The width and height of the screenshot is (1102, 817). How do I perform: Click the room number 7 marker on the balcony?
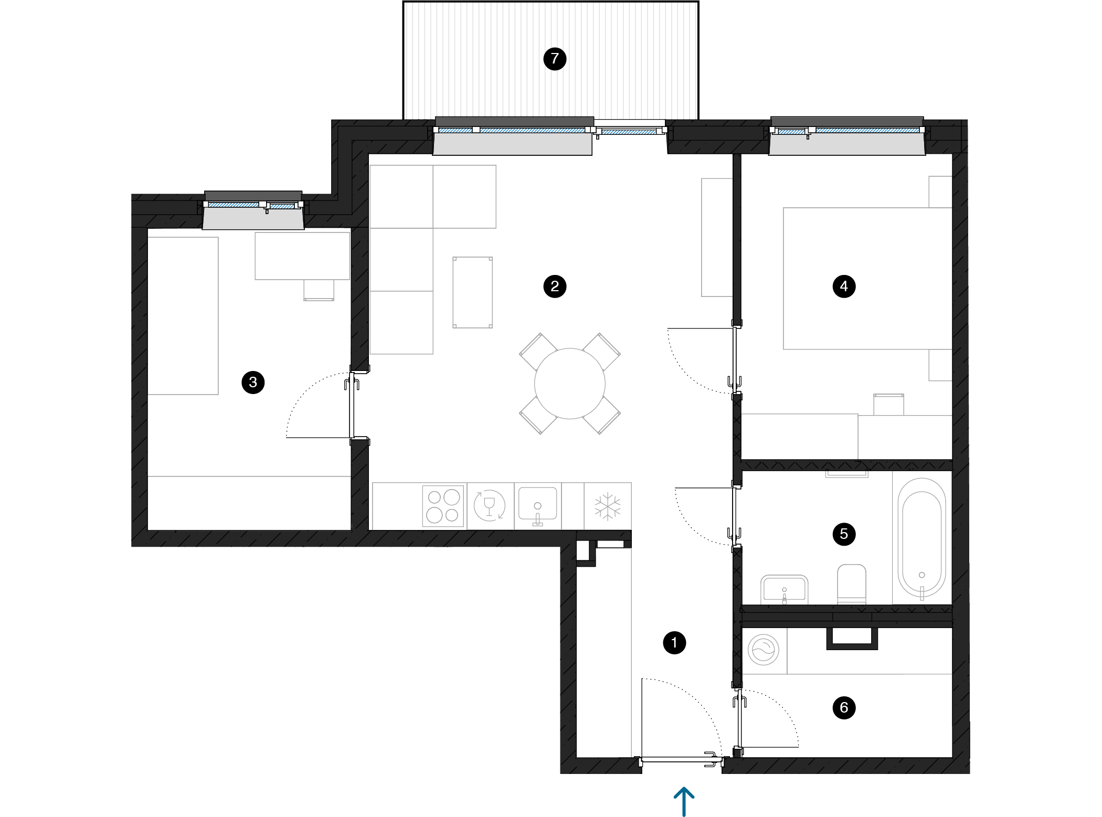click(555, 59)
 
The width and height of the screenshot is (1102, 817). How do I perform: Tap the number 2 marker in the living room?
click(555, 287)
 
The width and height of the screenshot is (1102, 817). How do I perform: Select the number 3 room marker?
click(253, 383)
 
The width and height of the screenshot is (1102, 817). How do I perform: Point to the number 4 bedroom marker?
click(844, 287)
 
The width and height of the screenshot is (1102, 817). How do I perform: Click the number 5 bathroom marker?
click(844, 534)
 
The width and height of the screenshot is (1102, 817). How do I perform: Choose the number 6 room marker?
click(844, 708)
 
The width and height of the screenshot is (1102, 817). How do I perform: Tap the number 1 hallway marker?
click(674, 643)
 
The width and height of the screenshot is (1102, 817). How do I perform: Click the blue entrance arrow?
click(684, 802)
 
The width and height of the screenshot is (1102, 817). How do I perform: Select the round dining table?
click(570, 384)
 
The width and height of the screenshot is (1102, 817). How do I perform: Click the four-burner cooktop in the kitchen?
click(443, 506)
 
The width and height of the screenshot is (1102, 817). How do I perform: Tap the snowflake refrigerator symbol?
click(608, 506)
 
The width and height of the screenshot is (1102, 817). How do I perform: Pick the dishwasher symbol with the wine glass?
click(490, 505)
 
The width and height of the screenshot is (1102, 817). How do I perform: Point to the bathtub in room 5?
click(921, 537)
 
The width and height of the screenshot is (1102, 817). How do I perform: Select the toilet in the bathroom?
click(851, 583)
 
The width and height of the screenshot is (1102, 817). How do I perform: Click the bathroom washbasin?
click(785, 589)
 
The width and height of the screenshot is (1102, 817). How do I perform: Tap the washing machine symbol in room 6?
click(764, 650)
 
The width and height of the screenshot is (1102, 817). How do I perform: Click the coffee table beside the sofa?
click(473, 292)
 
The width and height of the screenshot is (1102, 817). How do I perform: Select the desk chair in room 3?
click(319, 290)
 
